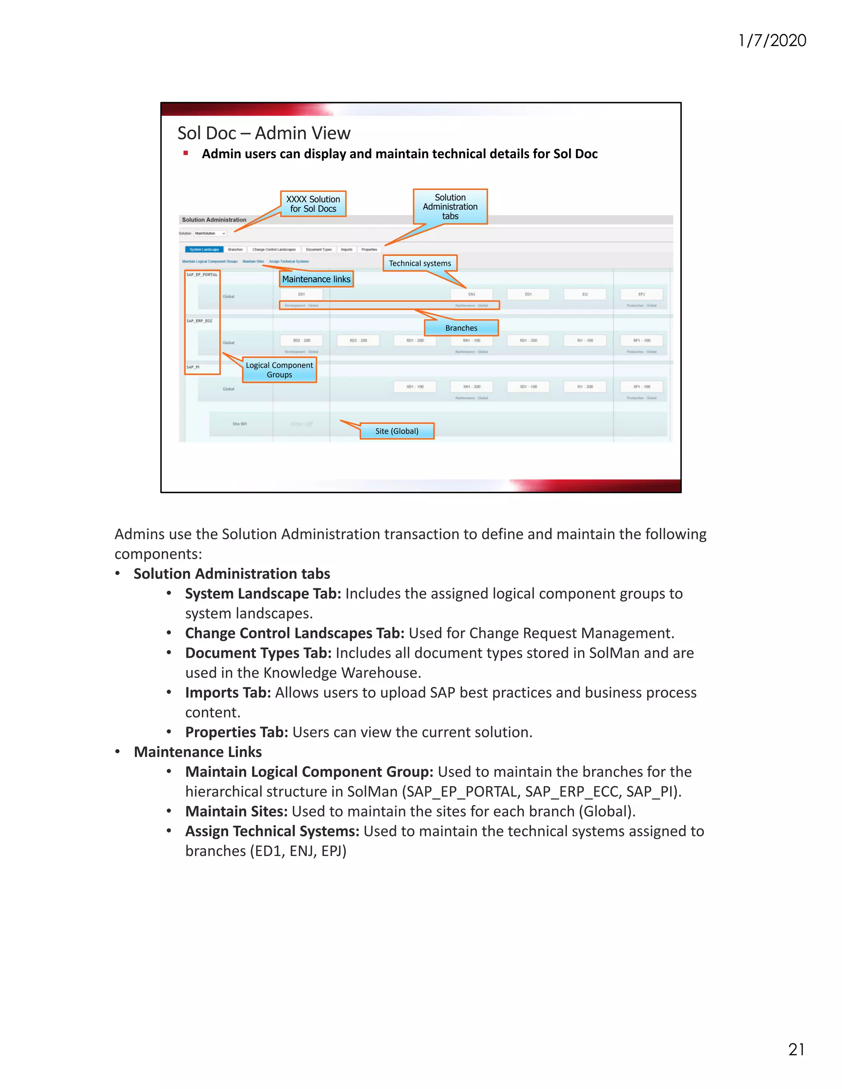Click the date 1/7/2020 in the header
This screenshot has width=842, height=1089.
[x=772, y=40]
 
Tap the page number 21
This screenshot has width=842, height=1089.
[x=796, y=1049]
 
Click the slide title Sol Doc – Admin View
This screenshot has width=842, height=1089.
[x=264, y=133]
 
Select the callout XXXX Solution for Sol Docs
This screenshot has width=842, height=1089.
[x=313, y=204]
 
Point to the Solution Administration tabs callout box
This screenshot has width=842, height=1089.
[x=450, y=206]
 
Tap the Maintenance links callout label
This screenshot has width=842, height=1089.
[x=316, y=279]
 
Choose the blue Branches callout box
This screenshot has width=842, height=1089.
[x=461, y=328]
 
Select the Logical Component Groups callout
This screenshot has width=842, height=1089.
[x=279, y=370]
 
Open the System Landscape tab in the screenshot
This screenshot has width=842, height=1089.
[x=204, y=249]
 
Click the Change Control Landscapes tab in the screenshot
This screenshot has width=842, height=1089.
[x=274, y=249]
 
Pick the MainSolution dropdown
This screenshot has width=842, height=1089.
[x=210, y=233]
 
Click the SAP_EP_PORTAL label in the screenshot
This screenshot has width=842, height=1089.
[x=202, y=275]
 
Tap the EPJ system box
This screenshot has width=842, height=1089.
[x=641, y=294]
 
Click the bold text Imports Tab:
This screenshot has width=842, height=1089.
[x=228, y=692]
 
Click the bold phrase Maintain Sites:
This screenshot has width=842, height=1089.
[x=236, y=811]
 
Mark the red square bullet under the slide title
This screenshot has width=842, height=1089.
[x=185, y=154]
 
